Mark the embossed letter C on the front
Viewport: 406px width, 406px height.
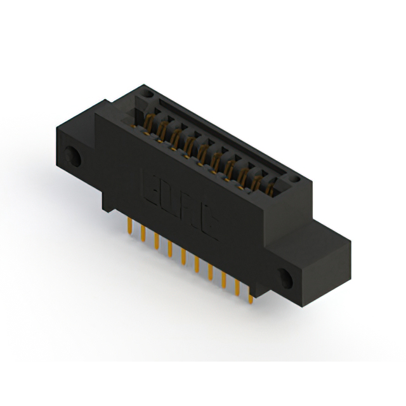pos(210,223)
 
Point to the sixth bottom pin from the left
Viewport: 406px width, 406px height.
pos(197,263)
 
